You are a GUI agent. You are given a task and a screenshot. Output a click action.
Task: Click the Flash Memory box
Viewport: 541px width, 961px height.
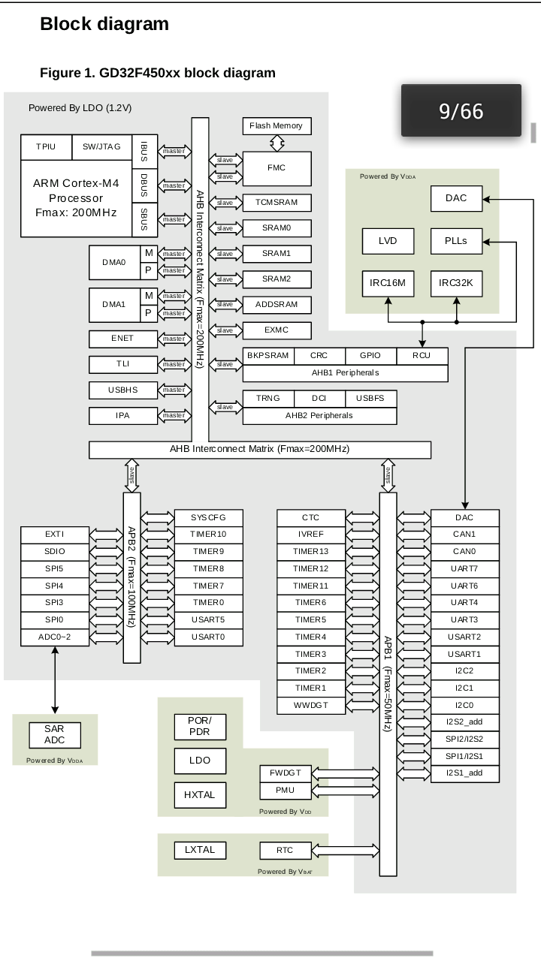pyautogui.click(x=277, y=126)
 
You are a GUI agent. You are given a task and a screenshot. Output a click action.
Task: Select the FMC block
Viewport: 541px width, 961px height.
pyautogui.click(x=277, y=168)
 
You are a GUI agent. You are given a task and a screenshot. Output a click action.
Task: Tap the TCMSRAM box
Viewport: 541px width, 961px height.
pyautogui.click(x=277, y=203)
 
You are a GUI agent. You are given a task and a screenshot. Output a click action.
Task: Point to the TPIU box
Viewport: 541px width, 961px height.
pyautogui.click(x=46, y=147)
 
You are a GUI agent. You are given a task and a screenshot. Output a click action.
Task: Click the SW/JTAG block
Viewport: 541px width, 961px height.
pyautogui.click(x=101, y=147)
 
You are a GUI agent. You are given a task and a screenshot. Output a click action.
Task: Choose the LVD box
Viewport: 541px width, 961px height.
pyautogui.click(x=388, y=241)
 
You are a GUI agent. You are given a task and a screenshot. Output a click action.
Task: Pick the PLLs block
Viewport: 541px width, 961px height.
pyautogui.click(x=456, y=241)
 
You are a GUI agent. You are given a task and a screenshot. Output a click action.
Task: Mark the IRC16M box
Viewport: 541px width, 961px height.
pyautogui.click(x=388, y=283)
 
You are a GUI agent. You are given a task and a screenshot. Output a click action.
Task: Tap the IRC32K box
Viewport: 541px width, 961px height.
pyautogui.click(x=456, y=283)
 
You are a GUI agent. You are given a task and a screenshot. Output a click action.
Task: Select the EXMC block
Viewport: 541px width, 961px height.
pyautogui.click(x=277, y=330)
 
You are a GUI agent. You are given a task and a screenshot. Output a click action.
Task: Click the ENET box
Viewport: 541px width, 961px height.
pyautogui.click(x=122, y=339)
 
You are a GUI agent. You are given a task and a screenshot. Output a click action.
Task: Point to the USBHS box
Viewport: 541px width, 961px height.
pyautogui.click(x=122, y=390)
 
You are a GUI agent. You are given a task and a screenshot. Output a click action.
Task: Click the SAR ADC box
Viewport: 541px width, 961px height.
pyautogui.click(x=54, y=734)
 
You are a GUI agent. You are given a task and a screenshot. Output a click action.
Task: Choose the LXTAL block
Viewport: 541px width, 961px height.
pyautogui.click(x=200, y=850)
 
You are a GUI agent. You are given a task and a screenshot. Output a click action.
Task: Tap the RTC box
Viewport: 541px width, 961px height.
pyautogui.click(x=285, y=851)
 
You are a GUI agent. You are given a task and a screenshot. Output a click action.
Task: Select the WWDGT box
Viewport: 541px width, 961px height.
pyautogui.click(x=310, y=706)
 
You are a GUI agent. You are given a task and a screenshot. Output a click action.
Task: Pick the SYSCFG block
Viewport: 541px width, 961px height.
pyautogui.click(x=208, y=518)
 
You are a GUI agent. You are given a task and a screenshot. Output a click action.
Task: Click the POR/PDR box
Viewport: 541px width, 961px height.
pyautogui.click(x=200, y=726)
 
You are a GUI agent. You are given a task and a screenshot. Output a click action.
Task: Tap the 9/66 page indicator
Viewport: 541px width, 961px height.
pyautogui.click(x=461, y=111)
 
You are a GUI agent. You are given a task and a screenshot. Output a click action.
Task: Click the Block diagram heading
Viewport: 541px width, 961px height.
pyautogui.click(x=104, y=24)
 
